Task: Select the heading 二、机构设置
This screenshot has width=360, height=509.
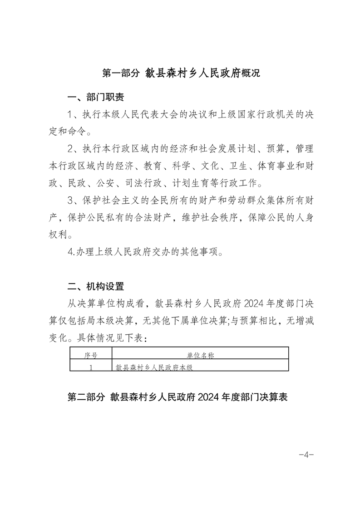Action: [95, 286]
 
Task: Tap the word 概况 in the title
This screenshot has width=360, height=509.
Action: [249, 73]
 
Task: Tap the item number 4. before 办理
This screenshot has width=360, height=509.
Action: [71, 252]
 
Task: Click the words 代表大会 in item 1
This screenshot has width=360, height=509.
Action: [154, 114]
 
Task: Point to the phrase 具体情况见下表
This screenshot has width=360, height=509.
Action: [114, 338]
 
